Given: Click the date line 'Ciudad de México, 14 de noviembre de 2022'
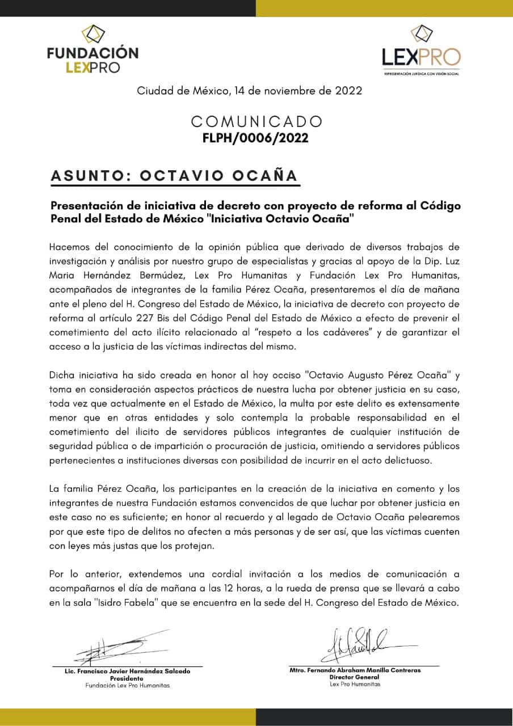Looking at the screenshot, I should tap(249, 91).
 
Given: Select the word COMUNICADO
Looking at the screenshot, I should tap(256, 122).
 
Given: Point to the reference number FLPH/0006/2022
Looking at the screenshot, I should tap(255, 138).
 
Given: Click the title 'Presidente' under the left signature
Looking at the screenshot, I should tap(127, 678).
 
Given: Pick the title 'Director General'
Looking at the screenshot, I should tap(355, 677).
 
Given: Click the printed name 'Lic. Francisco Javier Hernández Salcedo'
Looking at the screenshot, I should tap(127, 672).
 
